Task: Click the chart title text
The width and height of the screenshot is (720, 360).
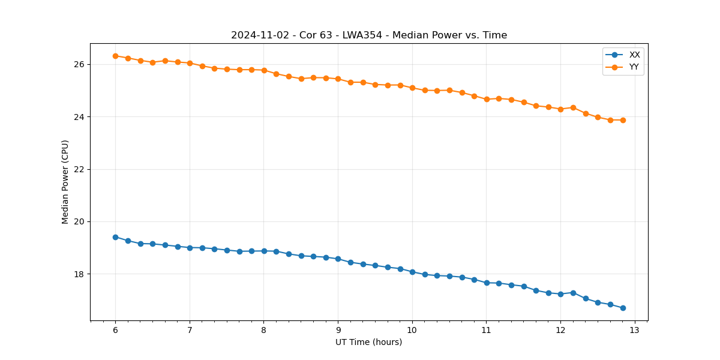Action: (x=369, y=35)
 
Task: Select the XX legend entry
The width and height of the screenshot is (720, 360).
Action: (x=634, y=55)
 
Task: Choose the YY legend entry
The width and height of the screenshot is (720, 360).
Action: (x=634, y=67)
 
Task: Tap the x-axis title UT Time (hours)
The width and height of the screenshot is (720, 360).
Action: (x=369, y=342)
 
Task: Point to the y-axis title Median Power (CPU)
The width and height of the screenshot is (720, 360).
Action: (x=65, y=182)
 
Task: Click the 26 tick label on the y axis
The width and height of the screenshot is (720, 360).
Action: (x=79, y=64)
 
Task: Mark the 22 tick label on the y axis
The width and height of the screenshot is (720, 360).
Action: (x=79, y=169)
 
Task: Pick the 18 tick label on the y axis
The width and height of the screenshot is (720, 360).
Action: (x=79, y=274)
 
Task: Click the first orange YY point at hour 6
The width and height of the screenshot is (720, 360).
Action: (x=115, y=56)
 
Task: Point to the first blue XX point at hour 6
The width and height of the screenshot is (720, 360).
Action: (x=115, y=237)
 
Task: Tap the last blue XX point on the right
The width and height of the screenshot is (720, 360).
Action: (x=623, y=308)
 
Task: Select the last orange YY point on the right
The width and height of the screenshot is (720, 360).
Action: (x=623, y=120)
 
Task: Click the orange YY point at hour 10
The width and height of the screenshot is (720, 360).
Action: (x=412, y=88)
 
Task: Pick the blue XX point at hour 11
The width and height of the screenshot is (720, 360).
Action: (x=487, y=283)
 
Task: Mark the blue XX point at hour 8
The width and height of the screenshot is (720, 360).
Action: (x=264, y=251)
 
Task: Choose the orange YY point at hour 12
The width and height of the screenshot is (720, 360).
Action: (x=560, y=109)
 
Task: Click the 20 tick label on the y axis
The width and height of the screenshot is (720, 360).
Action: (x=79, y=221)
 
